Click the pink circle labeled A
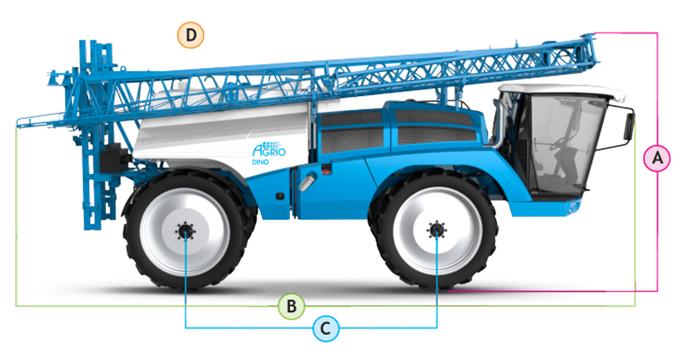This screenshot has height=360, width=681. pyautogui.click(x=657, y=158)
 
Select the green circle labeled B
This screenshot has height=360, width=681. pyautogui.click(x=292, y=306)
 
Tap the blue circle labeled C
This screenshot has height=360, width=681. pyautogui.click(x=326, y=328)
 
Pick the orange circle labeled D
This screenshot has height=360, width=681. pyautogui.click(x=191, y=35)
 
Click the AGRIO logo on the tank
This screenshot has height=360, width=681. pyautogui.click(x=269, y=150)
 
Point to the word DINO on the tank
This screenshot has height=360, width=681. pyautogui.click(x=260, y=163)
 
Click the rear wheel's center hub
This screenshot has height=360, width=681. pyautogui.click(x=185, y=232)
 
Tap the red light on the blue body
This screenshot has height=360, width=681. pyautogui.click(x=325, y=172)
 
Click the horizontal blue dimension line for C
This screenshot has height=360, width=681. pyautogui.click(x=311, y=328)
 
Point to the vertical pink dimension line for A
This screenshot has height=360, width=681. pyautogui.click(x=657, y=161)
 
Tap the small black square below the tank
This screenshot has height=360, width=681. pyautogui.click(x=280, y=196)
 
